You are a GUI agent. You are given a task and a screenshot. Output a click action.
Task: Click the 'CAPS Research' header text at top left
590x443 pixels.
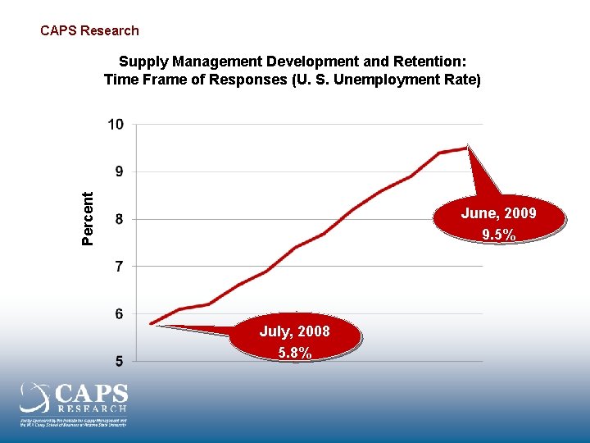click(x=89, y=30)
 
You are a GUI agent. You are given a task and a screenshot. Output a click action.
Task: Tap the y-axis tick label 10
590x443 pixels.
click(x=116, y=125)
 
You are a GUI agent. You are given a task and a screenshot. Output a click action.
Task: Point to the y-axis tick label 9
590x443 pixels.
click(x=119, y=172)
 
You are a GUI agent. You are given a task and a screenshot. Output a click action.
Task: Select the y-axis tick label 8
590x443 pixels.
click(x=119, y=219)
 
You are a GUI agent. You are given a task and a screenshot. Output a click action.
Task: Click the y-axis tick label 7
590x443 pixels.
click(x=119, y=267)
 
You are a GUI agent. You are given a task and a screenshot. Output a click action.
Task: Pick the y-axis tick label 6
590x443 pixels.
click(x=119, y=313)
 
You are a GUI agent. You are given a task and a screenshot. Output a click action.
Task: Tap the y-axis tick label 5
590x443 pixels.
click(x=119, y=361)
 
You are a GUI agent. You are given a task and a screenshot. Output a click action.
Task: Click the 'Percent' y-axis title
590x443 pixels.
click(x=88, y=218)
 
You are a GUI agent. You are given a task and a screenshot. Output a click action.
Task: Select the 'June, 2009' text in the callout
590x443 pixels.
click(x=498, y=213)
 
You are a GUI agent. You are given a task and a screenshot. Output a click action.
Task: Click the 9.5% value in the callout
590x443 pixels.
click(x=498, y=235)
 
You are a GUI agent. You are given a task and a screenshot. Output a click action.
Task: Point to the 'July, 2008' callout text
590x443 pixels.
click(x=294, y=331)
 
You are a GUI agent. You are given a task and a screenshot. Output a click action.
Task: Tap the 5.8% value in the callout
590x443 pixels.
click(x=294, y=354)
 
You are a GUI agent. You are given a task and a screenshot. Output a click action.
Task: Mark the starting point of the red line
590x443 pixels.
click(x=152, y=323)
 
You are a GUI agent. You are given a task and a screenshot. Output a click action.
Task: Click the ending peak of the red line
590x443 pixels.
click(x=467, y=148)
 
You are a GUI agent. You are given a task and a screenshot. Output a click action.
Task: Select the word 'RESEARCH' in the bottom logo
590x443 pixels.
click(x=92, y=408)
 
